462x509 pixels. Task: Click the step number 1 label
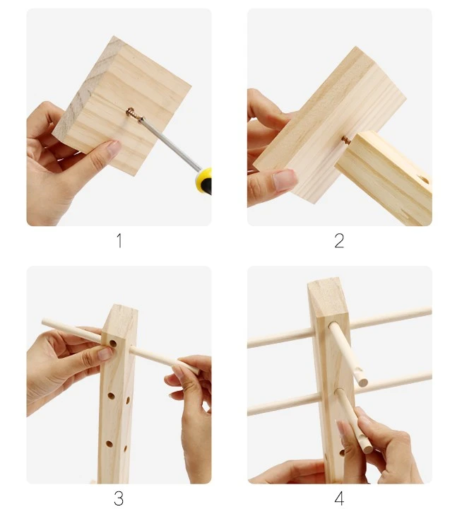point(119,241)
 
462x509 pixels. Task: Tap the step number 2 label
point(339,241)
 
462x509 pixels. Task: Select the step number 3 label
point(119,498)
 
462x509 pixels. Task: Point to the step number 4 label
point(339,498)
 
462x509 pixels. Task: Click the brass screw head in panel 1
point(132,114)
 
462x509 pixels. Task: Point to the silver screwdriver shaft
point(170,144)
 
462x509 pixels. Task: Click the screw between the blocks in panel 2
point(346,140)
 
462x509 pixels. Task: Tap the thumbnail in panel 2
point(284,180)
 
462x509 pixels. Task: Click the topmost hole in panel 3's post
point(113,343)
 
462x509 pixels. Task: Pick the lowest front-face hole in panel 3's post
point(109,444)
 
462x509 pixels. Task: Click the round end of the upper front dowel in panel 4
point(362,382)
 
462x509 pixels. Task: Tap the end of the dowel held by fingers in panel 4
point(367,448)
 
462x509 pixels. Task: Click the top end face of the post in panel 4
point(327,298)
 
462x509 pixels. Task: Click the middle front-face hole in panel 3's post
point(111,396)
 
